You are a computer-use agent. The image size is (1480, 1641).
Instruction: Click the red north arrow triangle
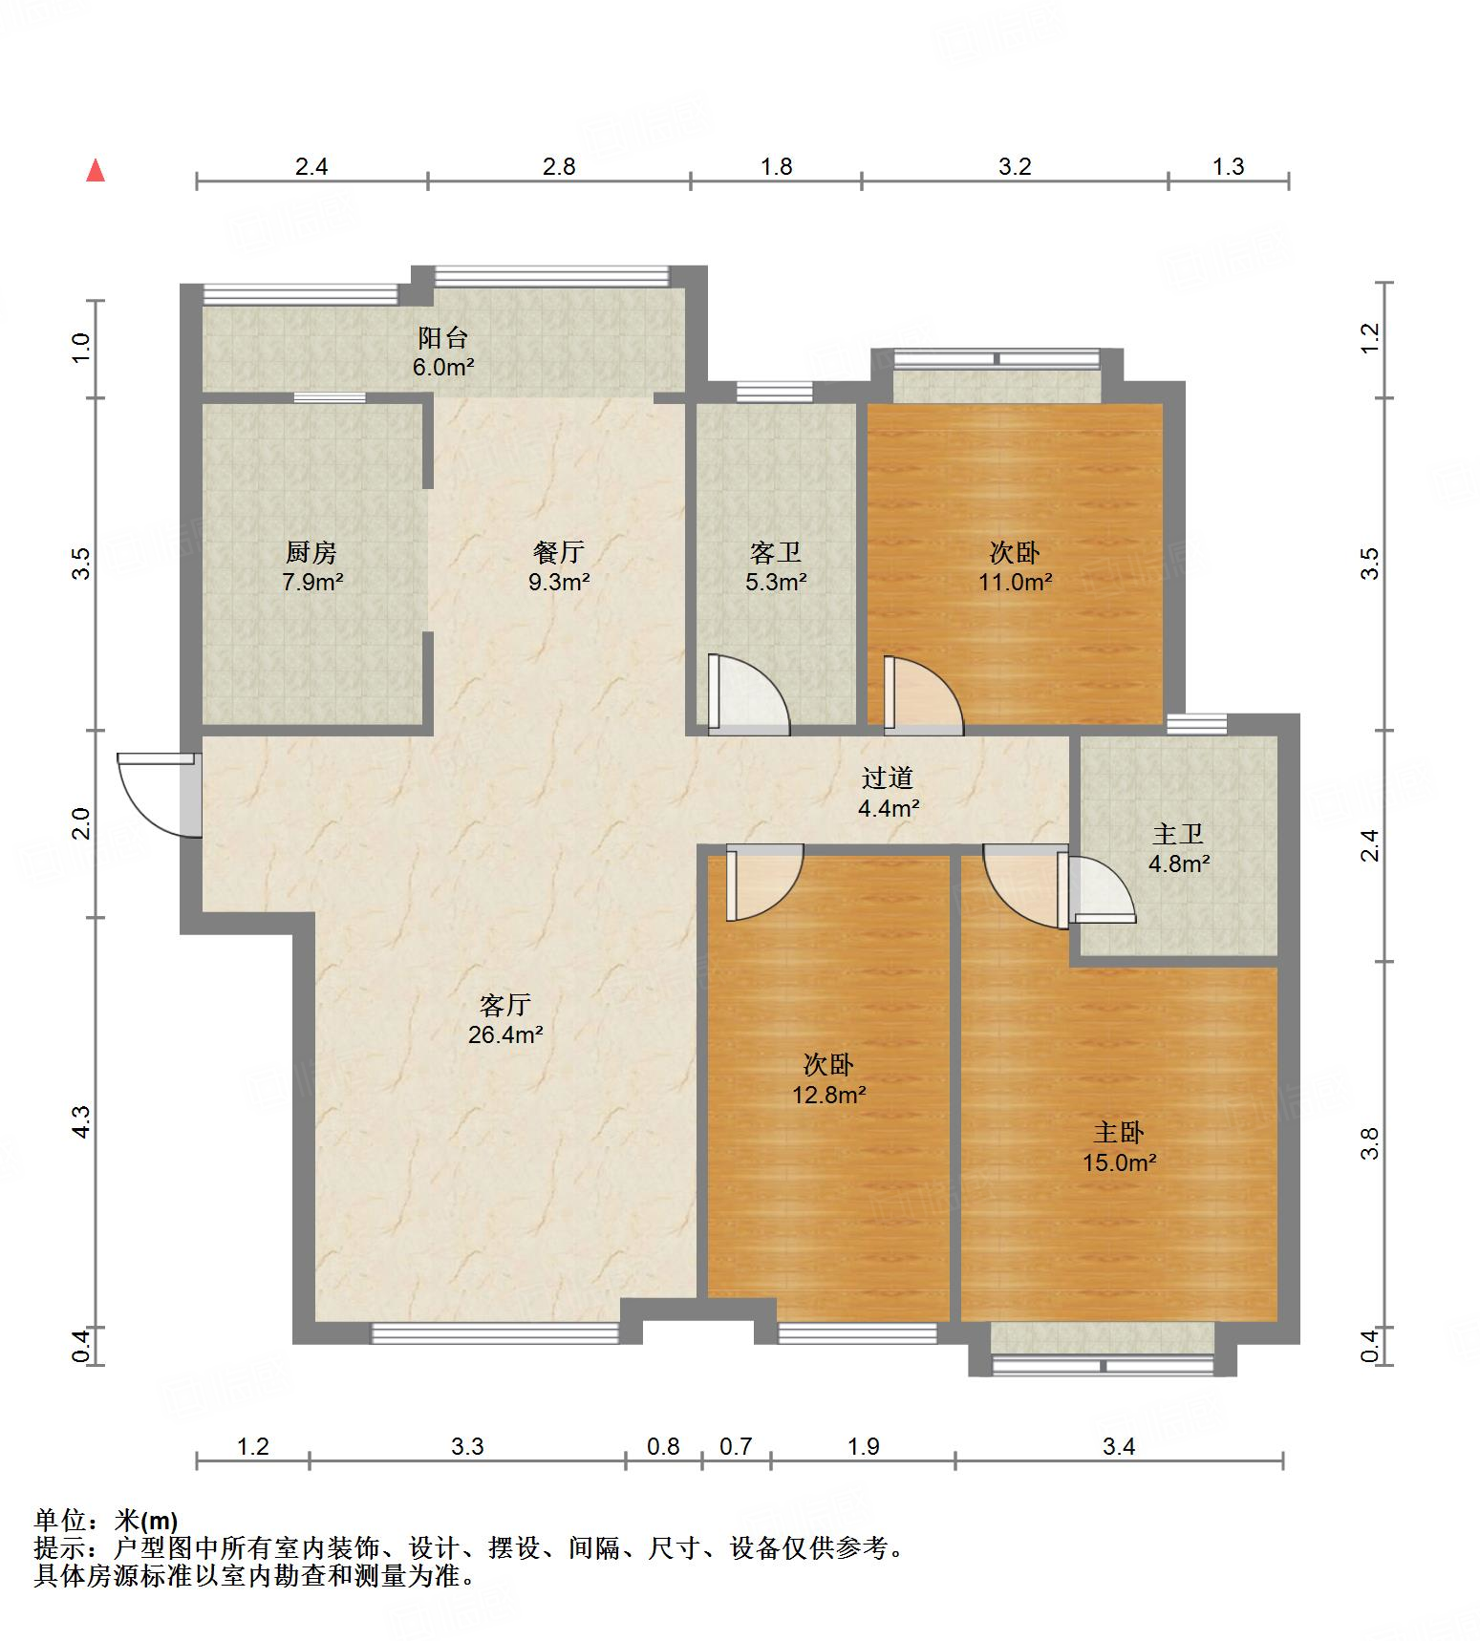pyautogui.click(x=96, y=171)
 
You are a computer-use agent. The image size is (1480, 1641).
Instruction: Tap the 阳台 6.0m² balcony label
pyautogui.click(x=442, y=352)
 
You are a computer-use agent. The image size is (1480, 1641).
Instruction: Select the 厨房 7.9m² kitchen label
pyautogui.click(x=311, y=566)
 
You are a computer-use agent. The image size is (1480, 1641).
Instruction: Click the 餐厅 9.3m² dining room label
pyautogui.click(x=559, y=566)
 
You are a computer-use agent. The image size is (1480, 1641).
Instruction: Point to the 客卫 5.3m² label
pyautogui.click(x=775, y=566)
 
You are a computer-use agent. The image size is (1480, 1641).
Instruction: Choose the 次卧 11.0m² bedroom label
pyautogui.click(x=1015, y=566)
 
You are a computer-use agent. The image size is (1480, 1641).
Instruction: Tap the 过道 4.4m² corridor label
pyautogui.click(x=888, y=793)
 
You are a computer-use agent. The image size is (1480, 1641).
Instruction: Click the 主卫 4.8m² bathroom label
pyautogui.click(x=1178, y=848)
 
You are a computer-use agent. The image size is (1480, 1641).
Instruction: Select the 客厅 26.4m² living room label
pyautogui.click(x=505, y=1018)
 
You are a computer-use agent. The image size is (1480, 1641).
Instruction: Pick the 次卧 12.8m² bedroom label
pyautogui.click(x=828, y=1079)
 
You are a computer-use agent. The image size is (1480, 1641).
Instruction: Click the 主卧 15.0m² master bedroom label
pyautogui.click(x=1119, y=1147)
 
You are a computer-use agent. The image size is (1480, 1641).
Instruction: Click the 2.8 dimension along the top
pyautogui.click(x=559, y=167)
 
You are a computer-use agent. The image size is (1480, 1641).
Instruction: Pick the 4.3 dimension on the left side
pyautogui.click(x=82, y=1120)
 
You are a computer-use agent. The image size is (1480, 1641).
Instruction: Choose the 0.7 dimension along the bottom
pyautogui.click(x=736, y=1446)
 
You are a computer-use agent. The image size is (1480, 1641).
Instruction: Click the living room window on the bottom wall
pyautogui.click(x=494, y=1333)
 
